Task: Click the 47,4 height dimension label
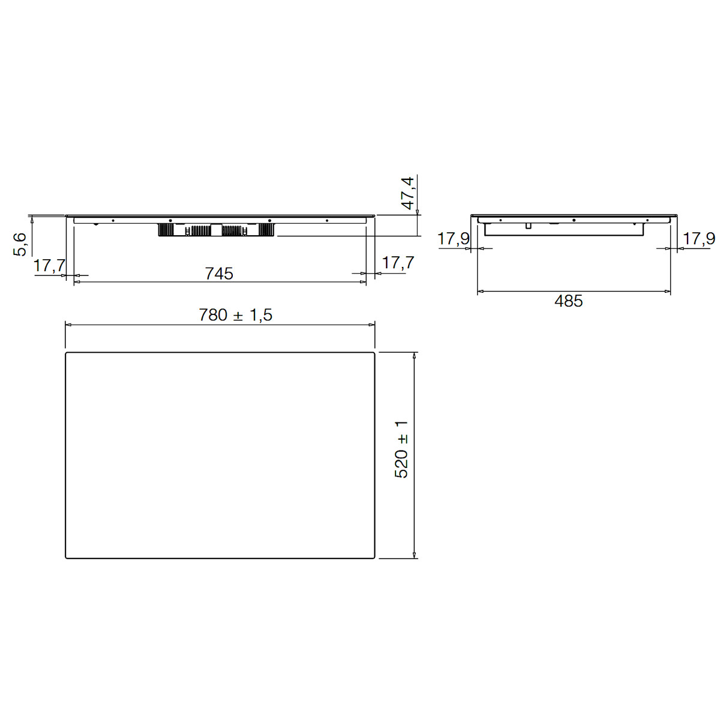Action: (x=407, y=193)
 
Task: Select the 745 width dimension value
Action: (x=219, y=274)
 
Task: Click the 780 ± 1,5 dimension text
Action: (x=235, y=315)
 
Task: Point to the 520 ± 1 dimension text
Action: (x=401, y=449)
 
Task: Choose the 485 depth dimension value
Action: (x=568, y=301)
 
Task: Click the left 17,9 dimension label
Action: (x=453, y=239)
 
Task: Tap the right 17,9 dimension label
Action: (x=699, y=239)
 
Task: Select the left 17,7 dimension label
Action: (x=49, y=266)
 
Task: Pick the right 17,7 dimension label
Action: (x=398, y=263)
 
